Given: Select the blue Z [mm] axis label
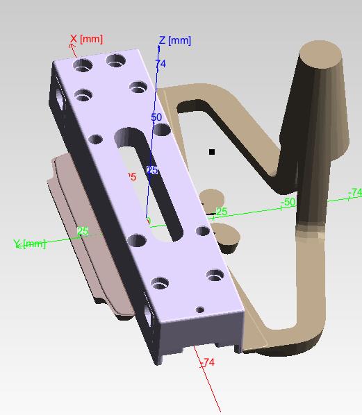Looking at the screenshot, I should [174, 40].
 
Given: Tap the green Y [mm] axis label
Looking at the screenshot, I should [29, 244].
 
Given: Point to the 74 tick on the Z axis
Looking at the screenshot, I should [161, 64].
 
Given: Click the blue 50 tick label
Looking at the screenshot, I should [156, 117].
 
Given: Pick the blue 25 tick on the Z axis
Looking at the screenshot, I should [152, 170].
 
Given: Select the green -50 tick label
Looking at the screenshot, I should [288, 202].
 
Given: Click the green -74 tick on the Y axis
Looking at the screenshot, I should [355, 192].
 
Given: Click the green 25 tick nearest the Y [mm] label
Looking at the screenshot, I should [83, 231].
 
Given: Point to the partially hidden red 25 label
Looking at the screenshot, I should [131, 177].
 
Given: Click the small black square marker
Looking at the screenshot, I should [212, 151].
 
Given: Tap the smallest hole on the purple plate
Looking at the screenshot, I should [200, 310].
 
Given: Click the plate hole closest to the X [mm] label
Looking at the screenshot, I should [83, 67].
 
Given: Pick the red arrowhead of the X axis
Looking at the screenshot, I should [72, 46].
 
